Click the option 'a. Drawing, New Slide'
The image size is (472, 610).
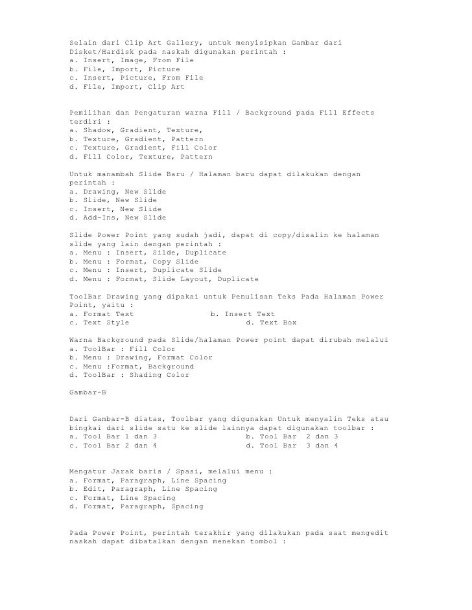tap(117, 192)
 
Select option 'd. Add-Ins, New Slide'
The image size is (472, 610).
tap(117, 218)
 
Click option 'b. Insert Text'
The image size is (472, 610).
tap(242, 314)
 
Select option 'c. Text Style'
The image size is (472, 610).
tap(99, 322)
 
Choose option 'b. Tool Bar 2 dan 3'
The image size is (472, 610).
tap(292, 436)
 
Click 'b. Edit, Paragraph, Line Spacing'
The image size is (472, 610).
tap(143, 489)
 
